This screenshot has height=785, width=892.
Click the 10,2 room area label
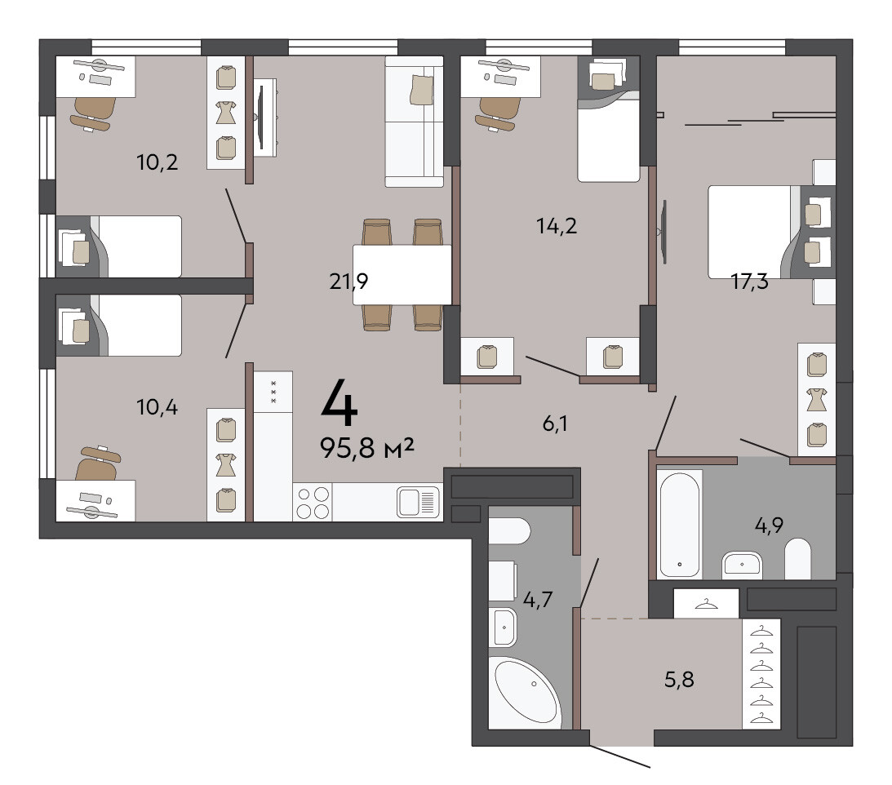[157, 162]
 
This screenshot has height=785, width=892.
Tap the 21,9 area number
[348, 281]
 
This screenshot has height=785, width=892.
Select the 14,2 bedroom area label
[557, 226]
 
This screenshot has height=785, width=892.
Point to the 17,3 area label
[749, 281]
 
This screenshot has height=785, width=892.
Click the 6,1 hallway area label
[555, 424]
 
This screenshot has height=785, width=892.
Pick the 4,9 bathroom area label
[769, 525]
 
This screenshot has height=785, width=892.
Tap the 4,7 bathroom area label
[538, 599]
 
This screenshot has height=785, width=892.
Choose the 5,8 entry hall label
[679, 679]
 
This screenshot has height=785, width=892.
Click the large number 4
[339, 403]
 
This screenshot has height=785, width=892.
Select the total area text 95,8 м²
[367, 448]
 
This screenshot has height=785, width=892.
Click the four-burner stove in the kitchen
[313, 503]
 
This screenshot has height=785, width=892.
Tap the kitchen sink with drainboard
[419, 502]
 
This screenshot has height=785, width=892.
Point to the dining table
[402, 275]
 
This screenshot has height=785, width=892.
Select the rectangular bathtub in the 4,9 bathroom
[679, 525]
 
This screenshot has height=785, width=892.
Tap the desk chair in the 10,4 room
[98, 463]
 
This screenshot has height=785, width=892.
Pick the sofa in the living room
[414, 122]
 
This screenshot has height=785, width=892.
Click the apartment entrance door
[620, 756]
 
